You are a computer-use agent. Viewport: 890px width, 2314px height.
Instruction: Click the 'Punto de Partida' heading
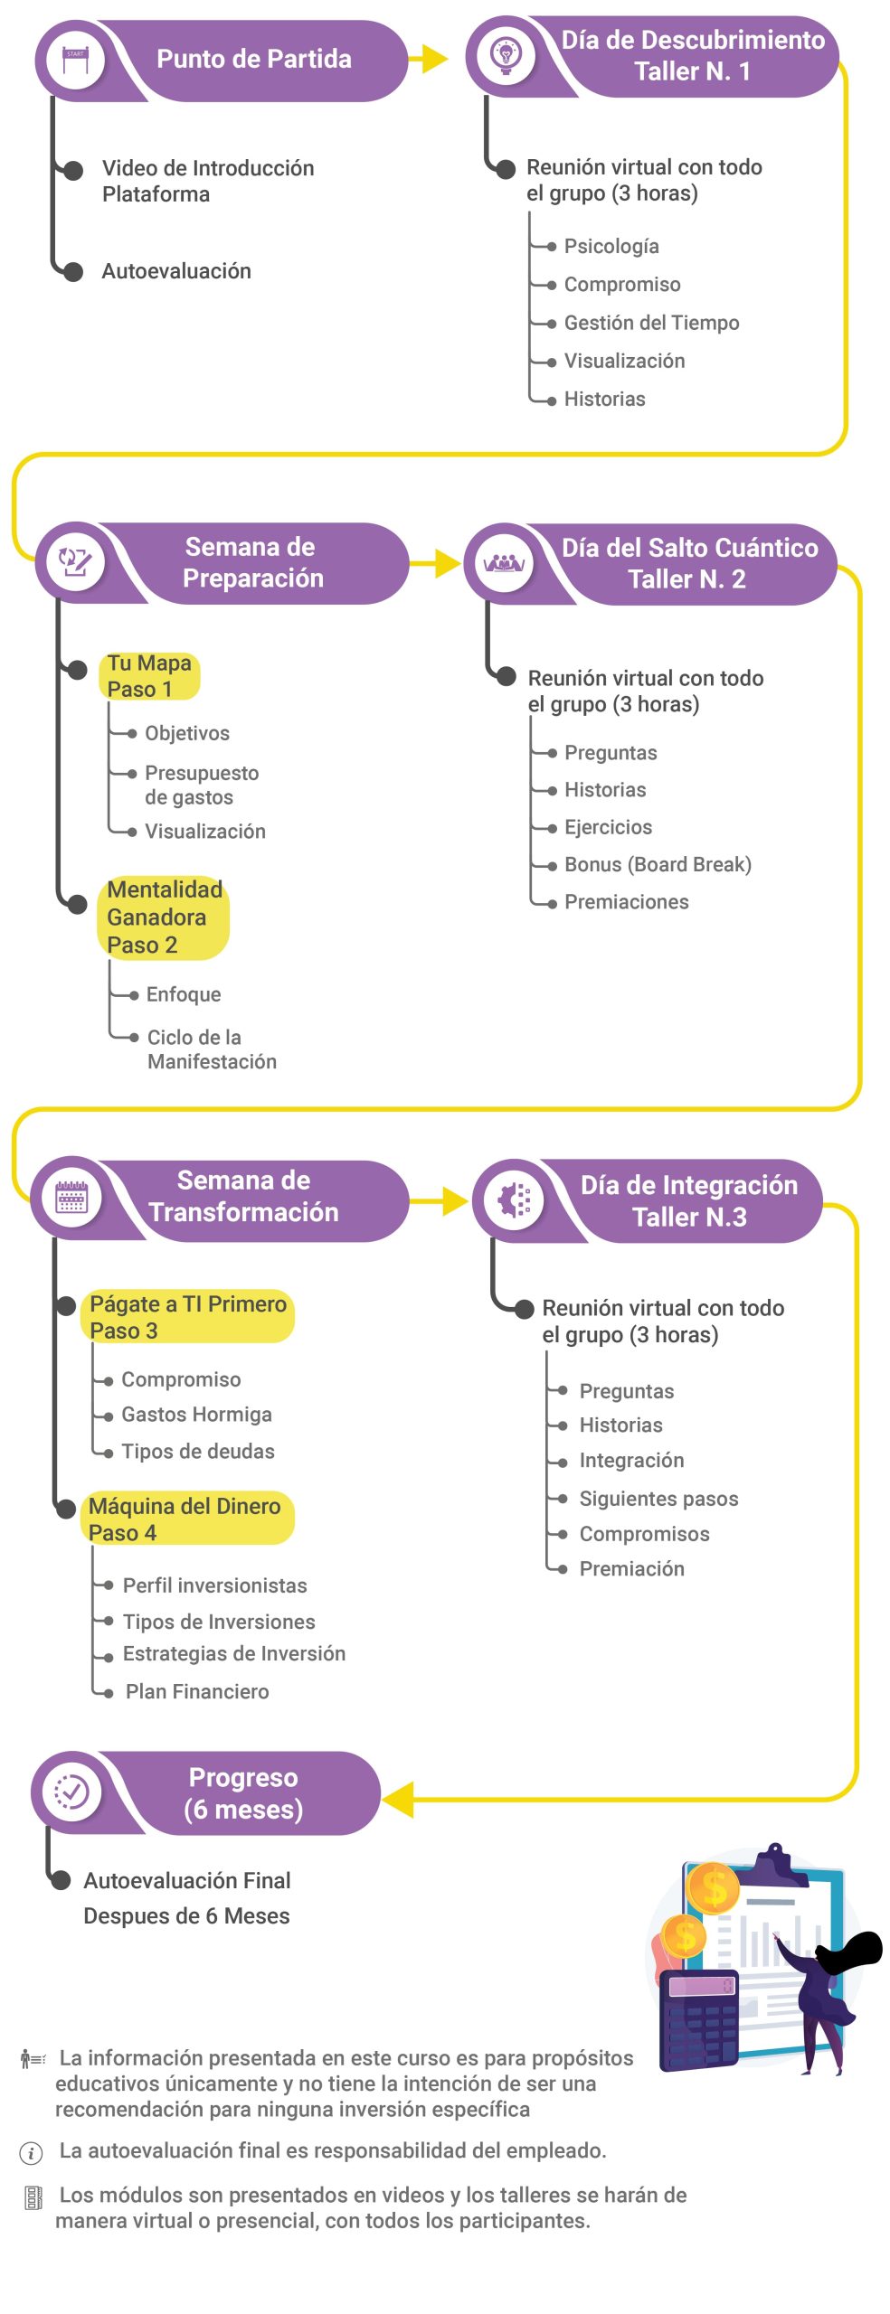click(x=253, y=60)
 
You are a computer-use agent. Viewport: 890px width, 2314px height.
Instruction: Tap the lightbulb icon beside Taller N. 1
click(x=506, y=56)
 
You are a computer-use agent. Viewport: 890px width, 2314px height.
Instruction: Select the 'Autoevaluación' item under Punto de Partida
click(x=176, y=271)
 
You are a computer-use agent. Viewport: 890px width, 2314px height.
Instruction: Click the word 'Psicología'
click(x=611, y=246)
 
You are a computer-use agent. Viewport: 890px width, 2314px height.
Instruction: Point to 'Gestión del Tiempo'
click(x=651, y=323)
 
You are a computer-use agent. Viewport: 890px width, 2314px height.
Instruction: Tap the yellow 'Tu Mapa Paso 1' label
click(x=149, y=676)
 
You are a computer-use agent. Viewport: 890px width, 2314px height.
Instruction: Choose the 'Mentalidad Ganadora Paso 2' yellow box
click(x=164, y=917)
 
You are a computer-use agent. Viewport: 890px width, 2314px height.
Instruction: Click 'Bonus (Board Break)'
click(x=658, y=864)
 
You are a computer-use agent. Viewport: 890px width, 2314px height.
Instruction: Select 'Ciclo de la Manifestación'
click(x=212, y=1049)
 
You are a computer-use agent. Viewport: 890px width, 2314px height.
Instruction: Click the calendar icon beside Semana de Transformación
click(x=71, y=1199)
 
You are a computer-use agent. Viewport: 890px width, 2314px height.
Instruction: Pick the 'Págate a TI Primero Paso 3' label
click(x=188, y=1317)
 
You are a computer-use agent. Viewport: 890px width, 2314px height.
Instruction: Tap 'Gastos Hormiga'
click(x=196, y=1415)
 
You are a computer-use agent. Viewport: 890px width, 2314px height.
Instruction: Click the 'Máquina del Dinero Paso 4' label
click(x=185, y=1519)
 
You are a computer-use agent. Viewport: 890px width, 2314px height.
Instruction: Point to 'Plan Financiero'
click(x=197, y=1691)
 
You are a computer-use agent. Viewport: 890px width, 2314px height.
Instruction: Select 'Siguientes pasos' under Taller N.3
click(x=658, y=1499)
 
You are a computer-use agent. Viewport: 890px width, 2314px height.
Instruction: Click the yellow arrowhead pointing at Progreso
click(x=399, y=1799)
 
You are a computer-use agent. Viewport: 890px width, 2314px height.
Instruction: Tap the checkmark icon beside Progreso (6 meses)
click(x=71, y=1792)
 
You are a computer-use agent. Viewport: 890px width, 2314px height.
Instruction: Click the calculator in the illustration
click(x=699, y=2019)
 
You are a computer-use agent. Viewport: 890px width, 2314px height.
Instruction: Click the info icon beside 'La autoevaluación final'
click(x=31, y=2153)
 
